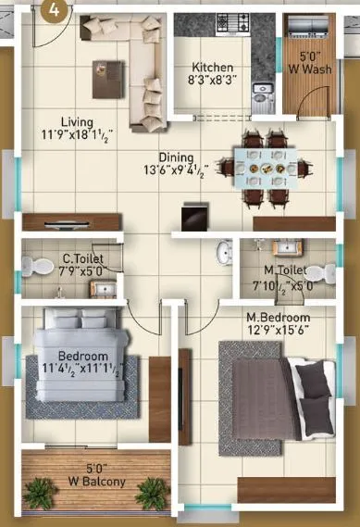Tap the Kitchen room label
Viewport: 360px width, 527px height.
pos(213,68)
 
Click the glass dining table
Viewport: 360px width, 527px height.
pos(266,169)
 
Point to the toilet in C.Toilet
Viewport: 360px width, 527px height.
pos(35,267)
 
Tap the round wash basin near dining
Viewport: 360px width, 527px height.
pos(222,254)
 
